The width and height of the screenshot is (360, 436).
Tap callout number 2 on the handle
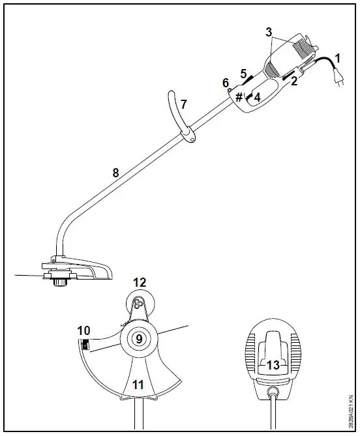[294, 81]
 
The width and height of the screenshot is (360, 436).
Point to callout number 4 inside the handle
[257, 97]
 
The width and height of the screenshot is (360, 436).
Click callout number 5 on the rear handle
[243, 73]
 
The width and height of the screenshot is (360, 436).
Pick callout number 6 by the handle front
[226, 83]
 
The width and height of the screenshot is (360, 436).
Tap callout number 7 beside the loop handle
[183, 104]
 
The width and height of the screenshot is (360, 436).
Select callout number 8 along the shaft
[115, 173]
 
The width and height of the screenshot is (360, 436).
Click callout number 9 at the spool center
[140, 338]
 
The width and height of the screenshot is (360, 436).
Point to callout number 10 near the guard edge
[83, 330]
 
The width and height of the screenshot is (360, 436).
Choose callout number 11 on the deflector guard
[138, 384]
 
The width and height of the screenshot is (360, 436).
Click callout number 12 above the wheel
[140, 282]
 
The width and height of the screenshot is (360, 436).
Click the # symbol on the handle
[239, 97]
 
